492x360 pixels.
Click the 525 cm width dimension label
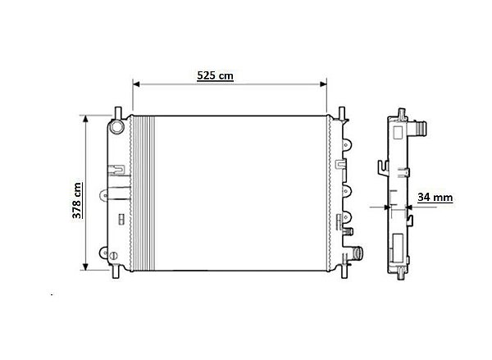click(216, 75)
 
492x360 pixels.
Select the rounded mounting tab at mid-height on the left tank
click(103, 196)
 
